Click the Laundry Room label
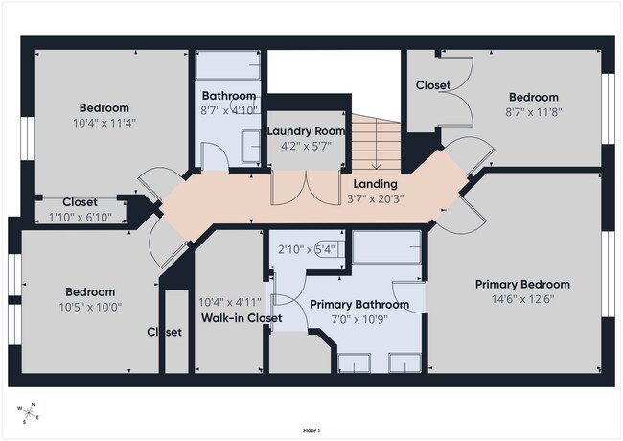point(306,131)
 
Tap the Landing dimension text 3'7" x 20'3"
point(376,198)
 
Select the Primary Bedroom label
point(523,285)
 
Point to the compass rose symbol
point(28,413)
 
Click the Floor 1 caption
point(311,430)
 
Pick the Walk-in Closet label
point(242,318)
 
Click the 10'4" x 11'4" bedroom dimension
point(104,123)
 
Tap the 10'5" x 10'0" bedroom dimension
point(91,307)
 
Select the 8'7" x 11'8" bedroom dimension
point(534,112)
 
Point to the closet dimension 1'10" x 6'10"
point(81,217)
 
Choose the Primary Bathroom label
point(359,305)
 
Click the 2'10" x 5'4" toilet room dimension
point(307,250)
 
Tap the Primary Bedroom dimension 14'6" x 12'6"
point(523,299)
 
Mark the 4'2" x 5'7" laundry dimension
point(307,147)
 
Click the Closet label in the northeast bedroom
point(433,85)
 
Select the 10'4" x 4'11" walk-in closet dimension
point(230,303)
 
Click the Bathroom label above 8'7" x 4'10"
point(229,96)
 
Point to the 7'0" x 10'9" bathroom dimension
point(359,319)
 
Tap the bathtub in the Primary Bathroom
point(386,247)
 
